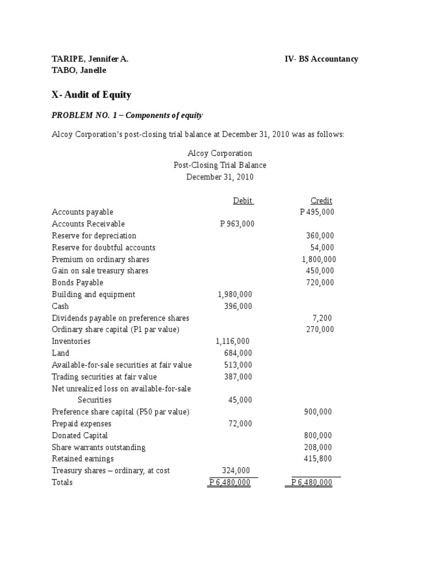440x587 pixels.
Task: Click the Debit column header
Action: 243,201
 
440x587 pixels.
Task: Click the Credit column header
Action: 321,201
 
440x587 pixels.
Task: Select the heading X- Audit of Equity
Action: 92,95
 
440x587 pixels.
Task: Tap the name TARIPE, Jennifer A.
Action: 90,59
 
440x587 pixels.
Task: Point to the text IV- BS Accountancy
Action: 321,59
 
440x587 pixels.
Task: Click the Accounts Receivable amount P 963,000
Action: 237,224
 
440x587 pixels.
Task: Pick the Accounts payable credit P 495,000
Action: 317,212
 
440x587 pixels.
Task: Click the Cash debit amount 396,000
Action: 238,306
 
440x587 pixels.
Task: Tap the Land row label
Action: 61,353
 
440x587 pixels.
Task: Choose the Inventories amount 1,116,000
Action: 233,341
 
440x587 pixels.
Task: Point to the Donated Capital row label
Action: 80,435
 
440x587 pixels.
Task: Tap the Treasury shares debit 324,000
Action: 236,471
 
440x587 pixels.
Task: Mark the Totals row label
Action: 62,483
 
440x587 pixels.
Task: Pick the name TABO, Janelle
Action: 79,71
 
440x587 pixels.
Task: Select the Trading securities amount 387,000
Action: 238,377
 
